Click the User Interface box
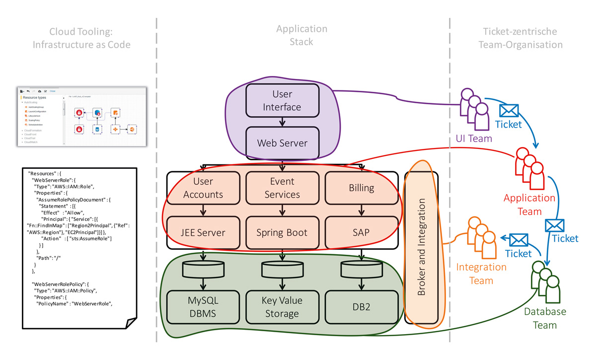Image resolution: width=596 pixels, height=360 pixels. point(282,100)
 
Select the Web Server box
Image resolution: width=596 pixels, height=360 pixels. point(282,143)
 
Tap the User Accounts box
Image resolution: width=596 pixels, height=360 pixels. point(203,188)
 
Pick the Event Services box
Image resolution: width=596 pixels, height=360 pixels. point(282,188)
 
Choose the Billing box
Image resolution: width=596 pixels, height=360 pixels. point(361,188)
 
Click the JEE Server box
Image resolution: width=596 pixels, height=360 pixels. point(203,232)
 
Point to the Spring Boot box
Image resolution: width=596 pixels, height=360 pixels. point(282,232)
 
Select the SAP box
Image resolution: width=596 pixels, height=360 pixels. point(361,232)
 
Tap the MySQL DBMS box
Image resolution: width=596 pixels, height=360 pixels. point(203,307)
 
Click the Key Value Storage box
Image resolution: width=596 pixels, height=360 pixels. point(282,307)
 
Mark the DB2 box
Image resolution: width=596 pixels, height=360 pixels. point(361,307)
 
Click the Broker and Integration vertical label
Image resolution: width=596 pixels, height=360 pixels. point(422,247)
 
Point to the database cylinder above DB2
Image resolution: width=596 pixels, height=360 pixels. point(361,270)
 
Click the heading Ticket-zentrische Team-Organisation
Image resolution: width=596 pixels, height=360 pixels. point(520,38)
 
